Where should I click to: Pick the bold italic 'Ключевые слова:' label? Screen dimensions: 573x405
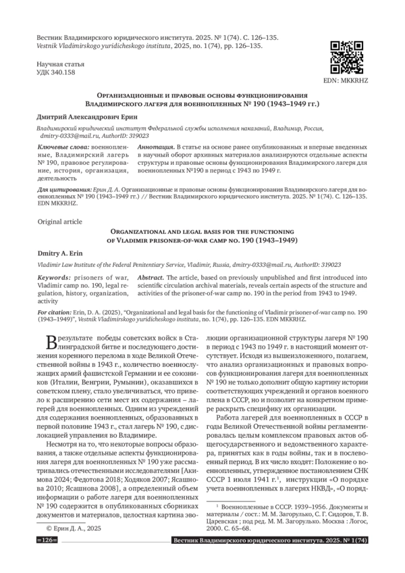(60, 146)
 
